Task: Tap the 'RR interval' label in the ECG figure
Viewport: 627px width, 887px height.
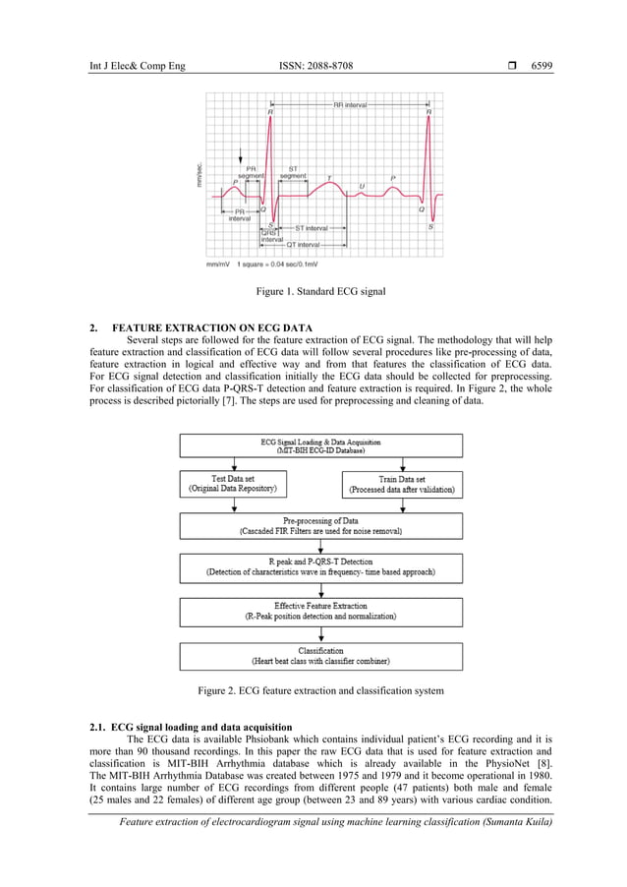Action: coord(350,104)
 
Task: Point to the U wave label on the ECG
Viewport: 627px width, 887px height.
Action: coord(361,186)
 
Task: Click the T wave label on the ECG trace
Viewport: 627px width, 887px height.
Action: coord(328,178)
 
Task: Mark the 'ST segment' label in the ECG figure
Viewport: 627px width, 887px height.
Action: coord(293,172)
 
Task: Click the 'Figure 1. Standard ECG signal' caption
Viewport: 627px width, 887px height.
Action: coord(320,292)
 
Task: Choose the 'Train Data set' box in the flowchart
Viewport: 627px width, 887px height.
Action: coord(401,483)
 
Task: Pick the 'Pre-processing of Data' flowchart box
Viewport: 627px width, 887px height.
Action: coord(320,525)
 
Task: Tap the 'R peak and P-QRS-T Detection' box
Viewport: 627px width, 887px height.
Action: coord(320,567)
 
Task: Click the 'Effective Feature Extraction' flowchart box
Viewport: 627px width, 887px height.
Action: coord(320,611)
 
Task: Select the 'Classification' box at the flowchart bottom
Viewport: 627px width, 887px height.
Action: coord(320,655)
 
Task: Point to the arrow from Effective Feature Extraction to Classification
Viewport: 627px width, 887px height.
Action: coord(320,634)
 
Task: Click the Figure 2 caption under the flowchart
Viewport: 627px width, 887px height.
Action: coord(320,690)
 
